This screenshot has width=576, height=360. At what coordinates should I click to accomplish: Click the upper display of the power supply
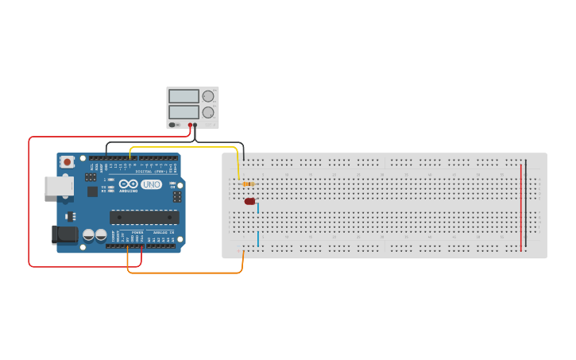click(x=184, y=96)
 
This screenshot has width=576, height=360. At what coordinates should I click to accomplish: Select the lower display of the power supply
click(x=184, y=112)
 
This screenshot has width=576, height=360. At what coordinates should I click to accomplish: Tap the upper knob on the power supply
click(x=208, y=96)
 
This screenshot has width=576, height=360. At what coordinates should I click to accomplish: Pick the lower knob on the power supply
click(x=208, y=112)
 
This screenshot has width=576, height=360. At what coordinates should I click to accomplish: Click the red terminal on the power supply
click(x=190, y=125)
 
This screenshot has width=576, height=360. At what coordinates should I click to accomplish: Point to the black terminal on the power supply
click(x=195, y=125)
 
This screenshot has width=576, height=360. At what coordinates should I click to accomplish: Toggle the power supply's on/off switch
click(x=173, y=125)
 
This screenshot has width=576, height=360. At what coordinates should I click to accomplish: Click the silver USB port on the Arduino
click(x=58, y=186)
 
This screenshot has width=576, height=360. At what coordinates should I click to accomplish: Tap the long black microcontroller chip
click(x=144, y=217)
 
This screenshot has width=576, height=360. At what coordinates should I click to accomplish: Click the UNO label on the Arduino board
click(x=152, y=184)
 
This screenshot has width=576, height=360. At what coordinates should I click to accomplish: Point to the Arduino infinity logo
click(x=129, y=184)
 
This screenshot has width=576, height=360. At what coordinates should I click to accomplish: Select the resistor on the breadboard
click(x=249, y=184)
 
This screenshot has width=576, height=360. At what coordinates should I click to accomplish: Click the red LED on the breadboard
click(x=249, y=201)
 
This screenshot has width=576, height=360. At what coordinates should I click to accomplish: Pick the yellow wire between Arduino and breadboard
click(x=183, y=147)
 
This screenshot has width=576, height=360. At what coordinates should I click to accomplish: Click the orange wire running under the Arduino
click(x=183, y=273)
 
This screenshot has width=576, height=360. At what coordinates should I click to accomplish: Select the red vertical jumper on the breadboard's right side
click(x=521, y=207)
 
